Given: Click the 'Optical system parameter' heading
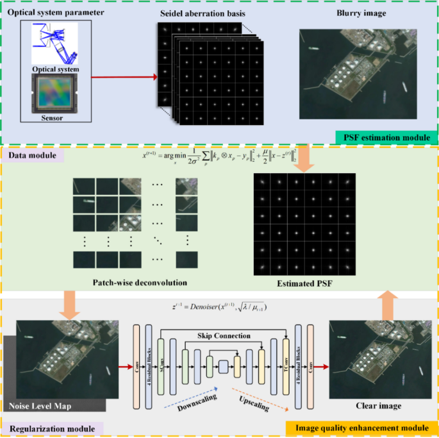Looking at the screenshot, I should (x=57, y=13).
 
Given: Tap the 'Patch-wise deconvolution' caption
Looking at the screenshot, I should (x=138, y=281).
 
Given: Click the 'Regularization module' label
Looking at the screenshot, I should (x=52, y=427).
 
